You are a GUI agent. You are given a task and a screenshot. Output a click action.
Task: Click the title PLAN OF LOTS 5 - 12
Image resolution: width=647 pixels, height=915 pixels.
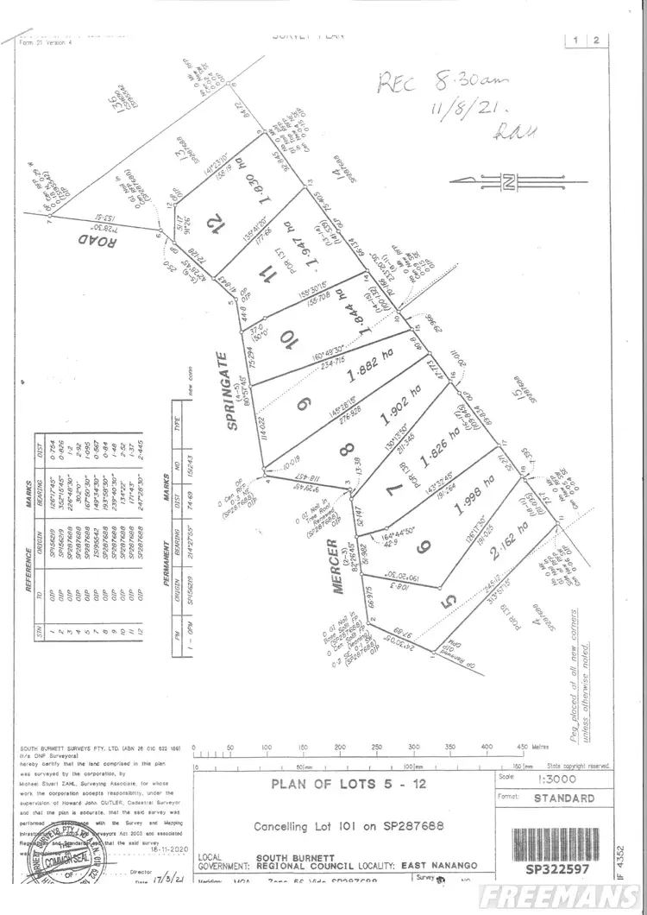click(345, 785)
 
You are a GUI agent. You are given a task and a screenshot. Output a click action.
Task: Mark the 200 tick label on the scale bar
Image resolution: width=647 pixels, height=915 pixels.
click(340, 748)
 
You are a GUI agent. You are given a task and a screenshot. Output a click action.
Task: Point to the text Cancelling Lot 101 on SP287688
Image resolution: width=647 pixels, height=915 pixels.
click(349, 826)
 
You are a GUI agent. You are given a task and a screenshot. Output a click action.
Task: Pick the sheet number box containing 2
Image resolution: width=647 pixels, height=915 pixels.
click(597, 41)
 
